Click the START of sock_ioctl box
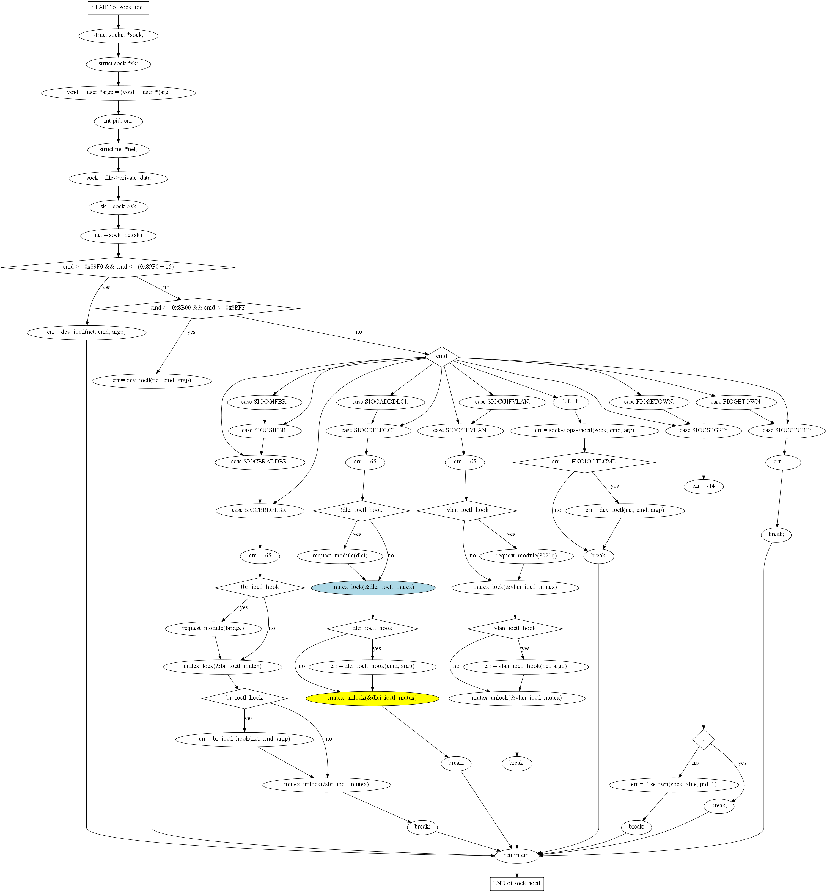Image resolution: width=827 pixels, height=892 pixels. click(118, 8)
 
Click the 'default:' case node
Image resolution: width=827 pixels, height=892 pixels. click(571, 402)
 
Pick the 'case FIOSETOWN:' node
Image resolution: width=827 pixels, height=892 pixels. click(649, 402)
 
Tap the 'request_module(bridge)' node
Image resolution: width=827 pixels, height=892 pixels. click(213, 628)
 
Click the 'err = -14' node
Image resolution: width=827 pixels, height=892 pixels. click(704, 486)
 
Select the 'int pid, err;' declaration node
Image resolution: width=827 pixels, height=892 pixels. click(118, 121)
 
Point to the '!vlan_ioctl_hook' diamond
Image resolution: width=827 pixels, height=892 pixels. click(467, 510)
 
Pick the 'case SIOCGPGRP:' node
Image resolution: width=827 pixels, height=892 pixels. click(786, 430)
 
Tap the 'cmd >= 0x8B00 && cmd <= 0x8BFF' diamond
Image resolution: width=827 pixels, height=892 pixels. click(198, 308)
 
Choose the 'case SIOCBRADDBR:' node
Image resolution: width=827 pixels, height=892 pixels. click(260, 462)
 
